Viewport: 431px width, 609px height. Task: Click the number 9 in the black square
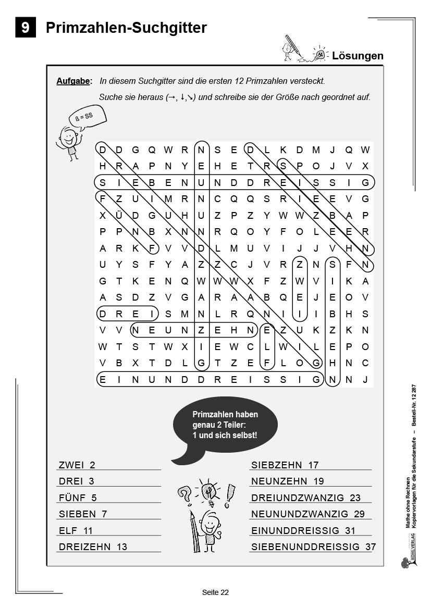(26, 27)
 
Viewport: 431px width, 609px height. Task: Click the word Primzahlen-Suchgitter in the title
(126, 28)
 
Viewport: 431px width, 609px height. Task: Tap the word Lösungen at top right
(358, 56)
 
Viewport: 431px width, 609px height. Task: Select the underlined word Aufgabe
(73, 81)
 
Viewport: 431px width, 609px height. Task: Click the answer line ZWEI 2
(77, 465)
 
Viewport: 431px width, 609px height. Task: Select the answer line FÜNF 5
(78, 498)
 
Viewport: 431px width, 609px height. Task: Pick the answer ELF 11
(76, 530)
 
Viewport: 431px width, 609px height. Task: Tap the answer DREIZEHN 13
(93, 546)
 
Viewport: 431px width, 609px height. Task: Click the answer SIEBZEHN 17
(285, 465)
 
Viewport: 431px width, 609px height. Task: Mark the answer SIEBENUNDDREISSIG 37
(313, 546)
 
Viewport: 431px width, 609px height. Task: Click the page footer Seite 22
(215, 592)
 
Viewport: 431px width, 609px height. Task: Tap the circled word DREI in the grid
(127, 314)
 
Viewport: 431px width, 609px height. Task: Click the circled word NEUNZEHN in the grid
(194, 330)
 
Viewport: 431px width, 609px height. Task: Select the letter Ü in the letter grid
(119, 215)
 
